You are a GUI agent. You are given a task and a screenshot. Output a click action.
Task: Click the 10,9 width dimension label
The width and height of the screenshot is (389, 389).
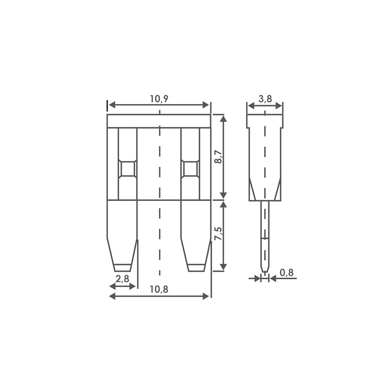click(159, 99)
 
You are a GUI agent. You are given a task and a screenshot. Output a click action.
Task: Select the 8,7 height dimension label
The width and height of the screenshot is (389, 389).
click(218, 157)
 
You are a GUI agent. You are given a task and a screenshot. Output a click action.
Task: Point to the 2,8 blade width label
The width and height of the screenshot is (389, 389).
click(123, 279)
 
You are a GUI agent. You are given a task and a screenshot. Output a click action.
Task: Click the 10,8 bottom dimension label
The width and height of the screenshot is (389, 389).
click(159, 289)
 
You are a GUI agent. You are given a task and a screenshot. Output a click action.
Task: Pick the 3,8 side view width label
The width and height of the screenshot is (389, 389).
click(265, 99)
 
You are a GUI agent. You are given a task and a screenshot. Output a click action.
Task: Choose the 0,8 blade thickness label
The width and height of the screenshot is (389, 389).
click(287, 273)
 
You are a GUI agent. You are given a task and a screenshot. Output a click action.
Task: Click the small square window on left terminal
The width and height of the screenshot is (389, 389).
click(127, 169)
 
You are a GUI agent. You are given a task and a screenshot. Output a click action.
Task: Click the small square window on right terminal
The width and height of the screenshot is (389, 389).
click(190, 169)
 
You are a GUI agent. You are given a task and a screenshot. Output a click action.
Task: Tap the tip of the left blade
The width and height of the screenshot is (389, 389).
click(123, 267)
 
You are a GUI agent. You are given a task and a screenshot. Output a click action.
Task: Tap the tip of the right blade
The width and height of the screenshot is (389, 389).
click(196, 267)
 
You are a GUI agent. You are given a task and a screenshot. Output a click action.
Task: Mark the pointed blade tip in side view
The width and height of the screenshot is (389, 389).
click(265, 270)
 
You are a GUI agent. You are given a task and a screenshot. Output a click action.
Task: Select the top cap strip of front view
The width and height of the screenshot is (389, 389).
click(159, 121)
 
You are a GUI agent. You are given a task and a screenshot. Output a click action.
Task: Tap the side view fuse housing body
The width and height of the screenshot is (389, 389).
click(265, 156)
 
